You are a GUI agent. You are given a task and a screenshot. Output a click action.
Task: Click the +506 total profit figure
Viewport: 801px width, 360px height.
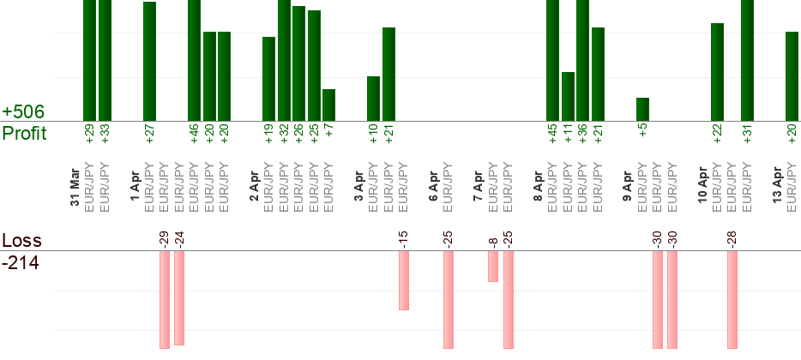point(23,112)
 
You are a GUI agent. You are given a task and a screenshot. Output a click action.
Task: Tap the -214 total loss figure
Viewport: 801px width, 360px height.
point(21,262)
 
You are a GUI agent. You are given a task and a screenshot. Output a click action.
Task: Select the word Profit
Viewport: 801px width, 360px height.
point(25,133)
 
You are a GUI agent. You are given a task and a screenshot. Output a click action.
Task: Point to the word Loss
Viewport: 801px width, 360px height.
point(21,240)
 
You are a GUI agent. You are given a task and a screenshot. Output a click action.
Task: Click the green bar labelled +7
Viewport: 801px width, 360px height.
point(328,105)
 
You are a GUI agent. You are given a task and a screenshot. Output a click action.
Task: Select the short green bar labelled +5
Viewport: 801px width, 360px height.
point(642,109)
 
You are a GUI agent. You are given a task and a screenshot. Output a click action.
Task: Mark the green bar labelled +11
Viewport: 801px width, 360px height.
point(568,96)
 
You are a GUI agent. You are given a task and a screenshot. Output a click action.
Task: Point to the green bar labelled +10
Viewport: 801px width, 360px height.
point(373,99)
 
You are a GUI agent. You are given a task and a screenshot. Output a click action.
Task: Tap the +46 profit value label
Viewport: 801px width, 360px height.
point(194,134)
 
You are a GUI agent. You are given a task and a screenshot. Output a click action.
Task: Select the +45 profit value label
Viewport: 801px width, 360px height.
point(552,134)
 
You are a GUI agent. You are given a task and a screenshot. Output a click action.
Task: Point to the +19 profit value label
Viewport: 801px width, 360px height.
point(268,134)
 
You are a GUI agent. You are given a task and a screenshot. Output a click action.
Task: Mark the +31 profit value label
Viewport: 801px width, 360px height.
point(747,134)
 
